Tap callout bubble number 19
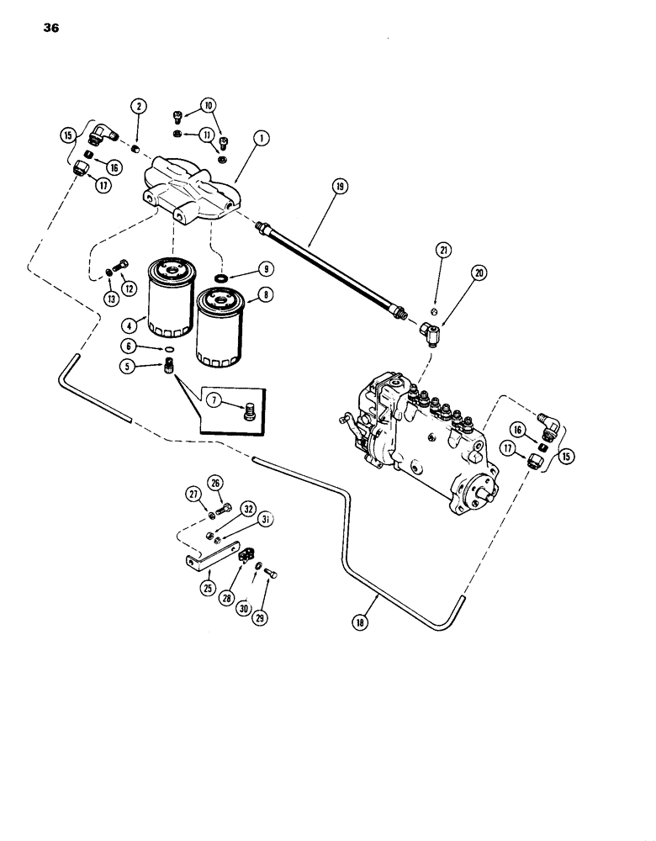[x=339, y=190]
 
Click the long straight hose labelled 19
[x=332, y=269]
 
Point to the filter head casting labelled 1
[x=193, y=189]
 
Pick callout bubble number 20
[x=479, y=272]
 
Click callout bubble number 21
[x=444, y=249]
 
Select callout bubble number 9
[x=265, y=270]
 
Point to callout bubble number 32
[x=249, y=508]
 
